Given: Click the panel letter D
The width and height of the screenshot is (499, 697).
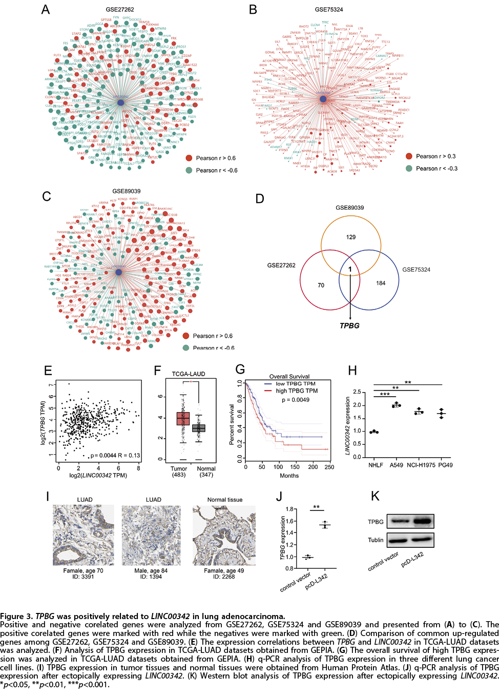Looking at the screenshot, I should [x=260, y=199].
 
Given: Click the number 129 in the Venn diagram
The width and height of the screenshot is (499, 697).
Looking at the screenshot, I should [x=351, y=237].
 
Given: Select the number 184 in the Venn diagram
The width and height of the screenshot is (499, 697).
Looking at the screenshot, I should [x=381, y=283].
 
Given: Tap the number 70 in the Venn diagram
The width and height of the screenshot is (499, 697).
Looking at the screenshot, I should [x=321, y=285].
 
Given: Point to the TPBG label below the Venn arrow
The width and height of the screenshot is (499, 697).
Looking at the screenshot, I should [x=350, y=326].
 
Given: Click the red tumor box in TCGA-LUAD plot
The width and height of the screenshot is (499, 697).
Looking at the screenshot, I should [x=183, y=419].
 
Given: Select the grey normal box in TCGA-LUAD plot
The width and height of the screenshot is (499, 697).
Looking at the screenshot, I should [x=199, y=428].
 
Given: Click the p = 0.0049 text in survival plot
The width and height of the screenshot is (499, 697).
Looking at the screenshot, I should [x=296, y=400].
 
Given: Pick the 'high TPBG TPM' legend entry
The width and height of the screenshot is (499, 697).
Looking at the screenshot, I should [x=297, y=391].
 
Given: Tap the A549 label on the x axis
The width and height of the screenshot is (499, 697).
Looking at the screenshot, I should [x=396, y=465].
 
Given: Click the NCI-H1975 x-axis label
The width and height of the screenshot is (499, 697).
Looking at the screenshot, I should [x=421, y=465].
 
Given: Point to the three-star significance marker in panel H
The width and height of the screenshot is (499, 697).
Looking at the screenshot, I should [x=385, y=395].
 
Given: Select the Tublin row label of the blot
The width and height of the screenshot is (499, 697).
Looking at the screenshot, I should [x=376, y=540].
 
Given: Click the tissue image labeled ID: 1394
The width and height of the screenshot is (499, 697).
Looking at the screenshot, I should [x=153, y=535].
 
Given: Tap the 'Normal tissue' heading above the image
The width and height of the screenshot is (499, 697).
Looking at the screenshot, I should [x=225, y=500].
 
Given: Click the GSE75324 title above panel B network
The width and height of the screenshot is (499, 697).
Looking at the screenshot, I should [x=329, y=9].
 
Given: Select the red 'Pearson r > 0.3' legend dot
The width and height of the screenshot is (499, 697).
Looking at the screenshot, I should [x=409, y=156].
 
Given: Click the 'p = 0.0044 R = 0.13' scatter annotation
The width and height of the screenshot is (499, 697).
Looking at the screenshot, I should [x=115, y=456].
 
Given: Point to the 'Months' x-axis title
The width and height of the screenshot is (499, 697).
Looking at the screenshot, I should [x=289, y=476].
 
